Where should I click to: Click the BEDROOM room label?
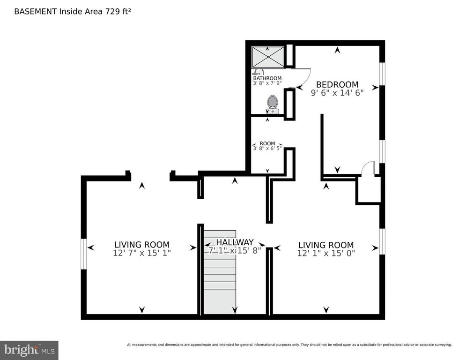click(337, 84)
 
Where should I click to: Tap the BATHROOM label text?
click(267, 78)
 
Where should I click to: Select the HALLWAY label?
click(235, 242)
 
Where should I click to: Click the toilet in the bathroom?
click(272, 104)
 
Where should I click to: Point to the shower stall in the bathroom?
click(268, 57)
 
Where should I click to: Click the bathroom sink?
click(258, 72)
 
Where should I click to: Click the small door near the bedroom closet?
click(369, 169)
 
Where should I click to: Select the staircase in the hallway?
click(220, 272)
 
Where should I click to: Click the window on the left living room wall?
click(84, 254)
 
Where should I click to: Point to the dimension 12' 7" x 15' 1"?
click(142, 253)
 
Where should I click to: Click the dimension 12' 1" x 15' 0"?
click(326, 253)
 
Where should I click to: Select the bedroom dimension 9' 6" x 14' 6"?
click(337, 93)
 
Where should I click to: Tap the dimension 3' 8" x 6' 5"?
click(267, 148)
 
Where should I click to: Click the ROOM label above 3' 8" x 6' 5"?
click(267, 143)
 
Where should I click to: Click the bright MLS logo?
click(29, 350)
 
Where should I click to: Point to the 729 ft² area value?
click(117, 11)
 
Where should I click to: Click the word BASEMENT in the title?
click(36, 12)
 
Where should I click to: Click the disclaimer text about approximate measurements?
click(289, 345)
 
